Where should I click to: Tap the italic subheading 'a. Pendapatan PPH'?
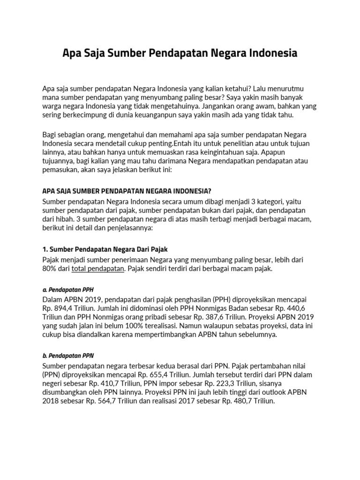(68, 289)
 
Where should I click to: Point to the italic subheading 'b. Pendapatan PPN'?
(68, 355)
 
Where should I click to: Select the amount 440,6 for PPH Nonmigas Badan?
(307, 308)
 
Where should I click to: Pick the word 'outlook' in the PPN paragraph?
(278, 393)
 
